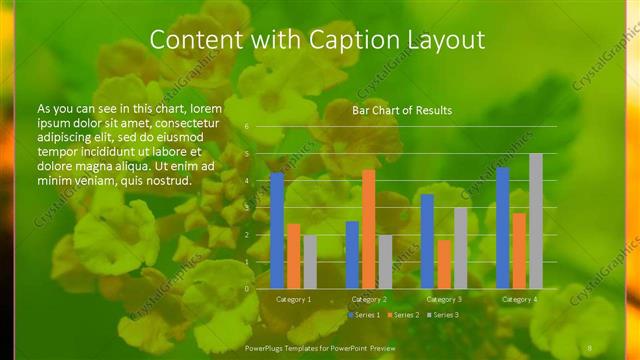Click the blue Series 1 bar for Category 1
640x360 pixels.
[x=277, y=230]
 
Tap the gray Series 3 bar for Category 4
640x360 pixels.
[x=536, y=220]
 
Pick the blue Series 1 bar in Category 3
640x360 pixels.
[x=427, y=241]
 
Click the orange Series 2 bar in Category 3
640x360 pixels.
[x=444, y=263]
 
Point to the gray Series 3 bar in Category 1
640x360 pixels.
[x=310, y=261]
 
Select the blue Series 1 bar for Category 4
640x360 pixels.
[x=503, y=227]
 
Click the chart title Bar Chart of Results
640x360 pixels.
[x=402, y=110]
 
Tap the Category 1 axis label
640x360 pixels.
[x=293, y=299]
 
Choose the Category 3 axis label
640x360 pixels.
[x=444, y=299]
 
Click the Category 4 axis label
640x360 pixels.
[x=519, y=299]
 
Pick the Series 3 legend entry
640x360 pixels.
[x=445, y=315]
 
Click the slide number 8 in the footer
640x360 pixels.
[x=590, y=347]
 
